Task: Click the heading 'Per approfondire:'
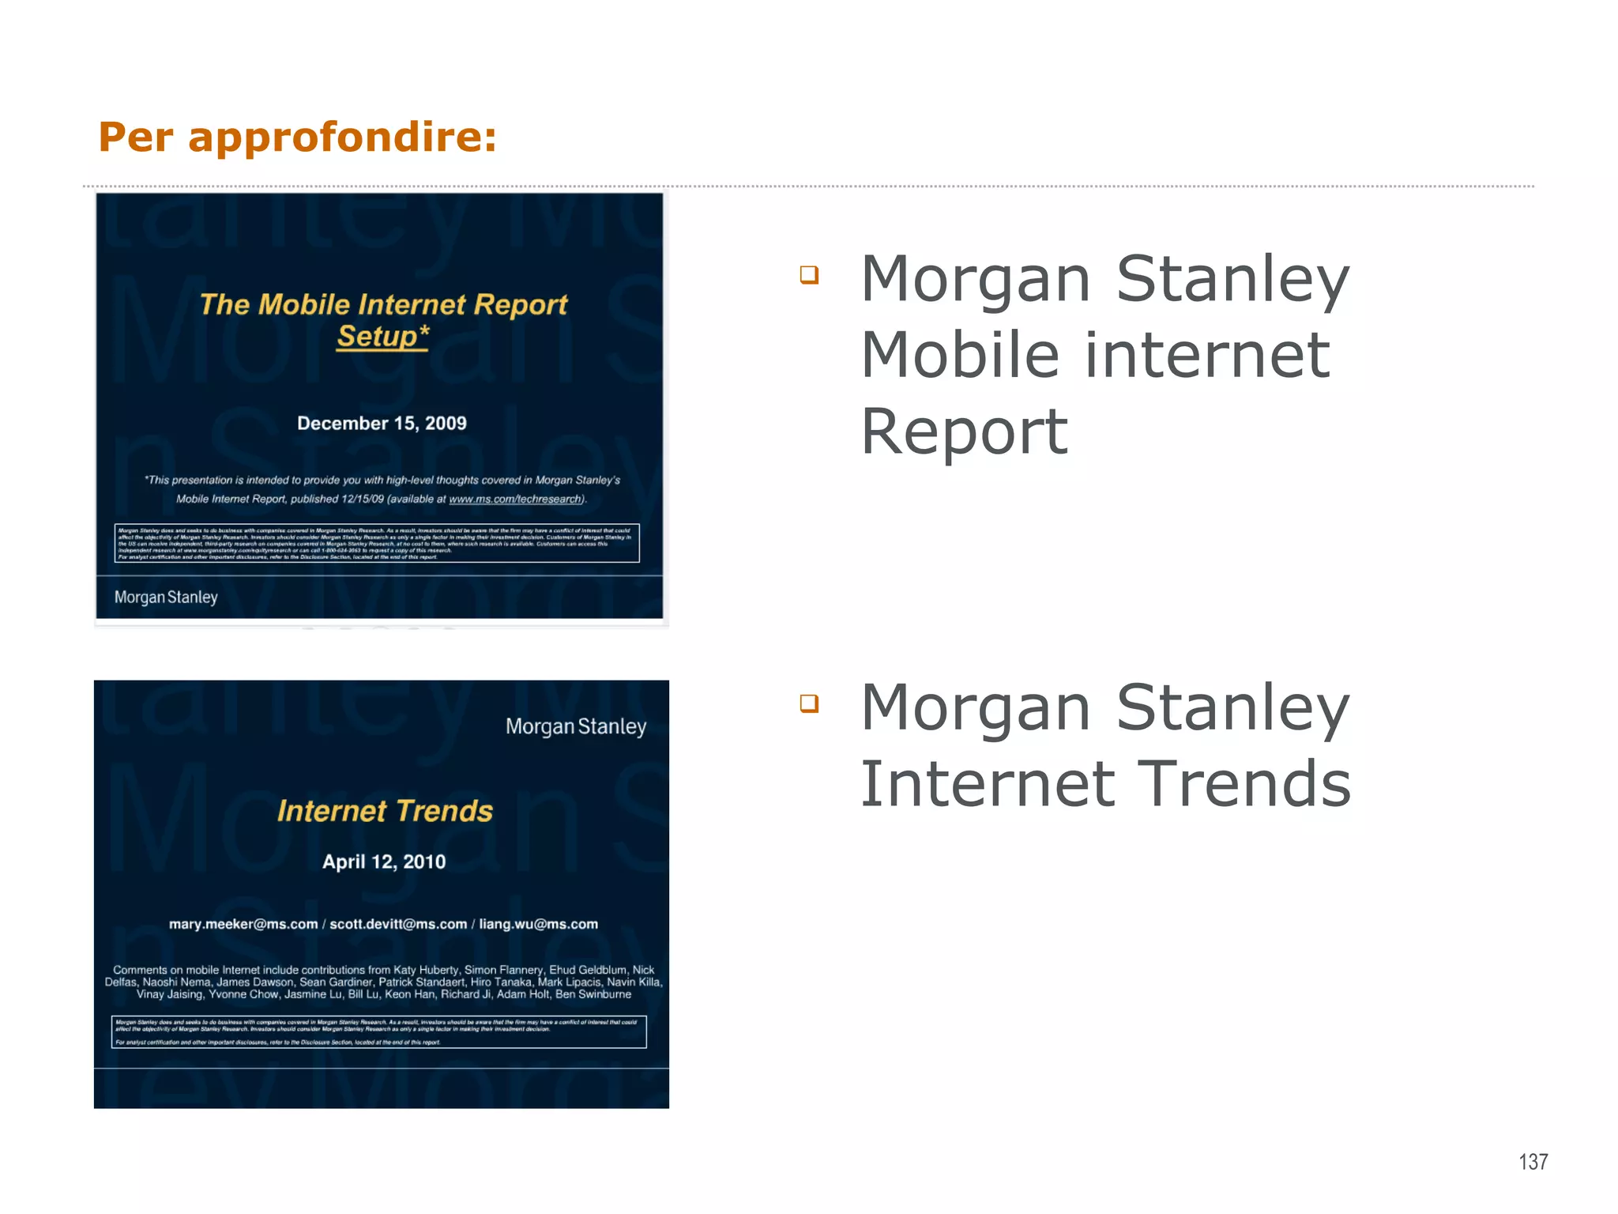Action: coord(297,137)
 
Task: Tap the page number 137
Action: coord(1533,1162)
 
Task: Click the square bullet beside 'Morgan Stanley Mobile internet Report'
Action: coord(809,275)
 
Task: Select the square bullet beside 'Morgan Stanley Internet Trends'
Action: coord(809,703)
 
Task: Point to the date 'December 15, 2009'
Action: coord(382,424)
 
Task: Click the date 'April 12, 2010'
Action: coord(384,861)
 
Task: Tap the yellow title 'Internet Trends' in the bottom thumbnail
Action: coord(385,811)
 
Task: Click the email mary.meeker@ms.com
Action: coord(243,924)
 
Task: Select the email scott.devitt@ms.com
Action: coord(398,924)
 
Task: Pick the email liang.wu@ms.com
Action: coord(538,924)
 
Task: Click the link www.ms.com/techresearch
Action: coord(515,500)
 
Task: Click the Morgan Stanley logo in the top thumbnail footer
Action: coord(166,598)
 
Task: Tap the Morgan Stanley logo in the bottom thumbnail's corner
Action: coord(576,726)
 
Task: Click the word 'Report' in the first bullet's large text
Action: coord(964,432)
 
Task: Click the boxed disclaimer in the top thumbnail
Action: coord(377,543)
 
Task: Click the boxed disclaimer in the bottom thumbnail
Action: coord(378,1031)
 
